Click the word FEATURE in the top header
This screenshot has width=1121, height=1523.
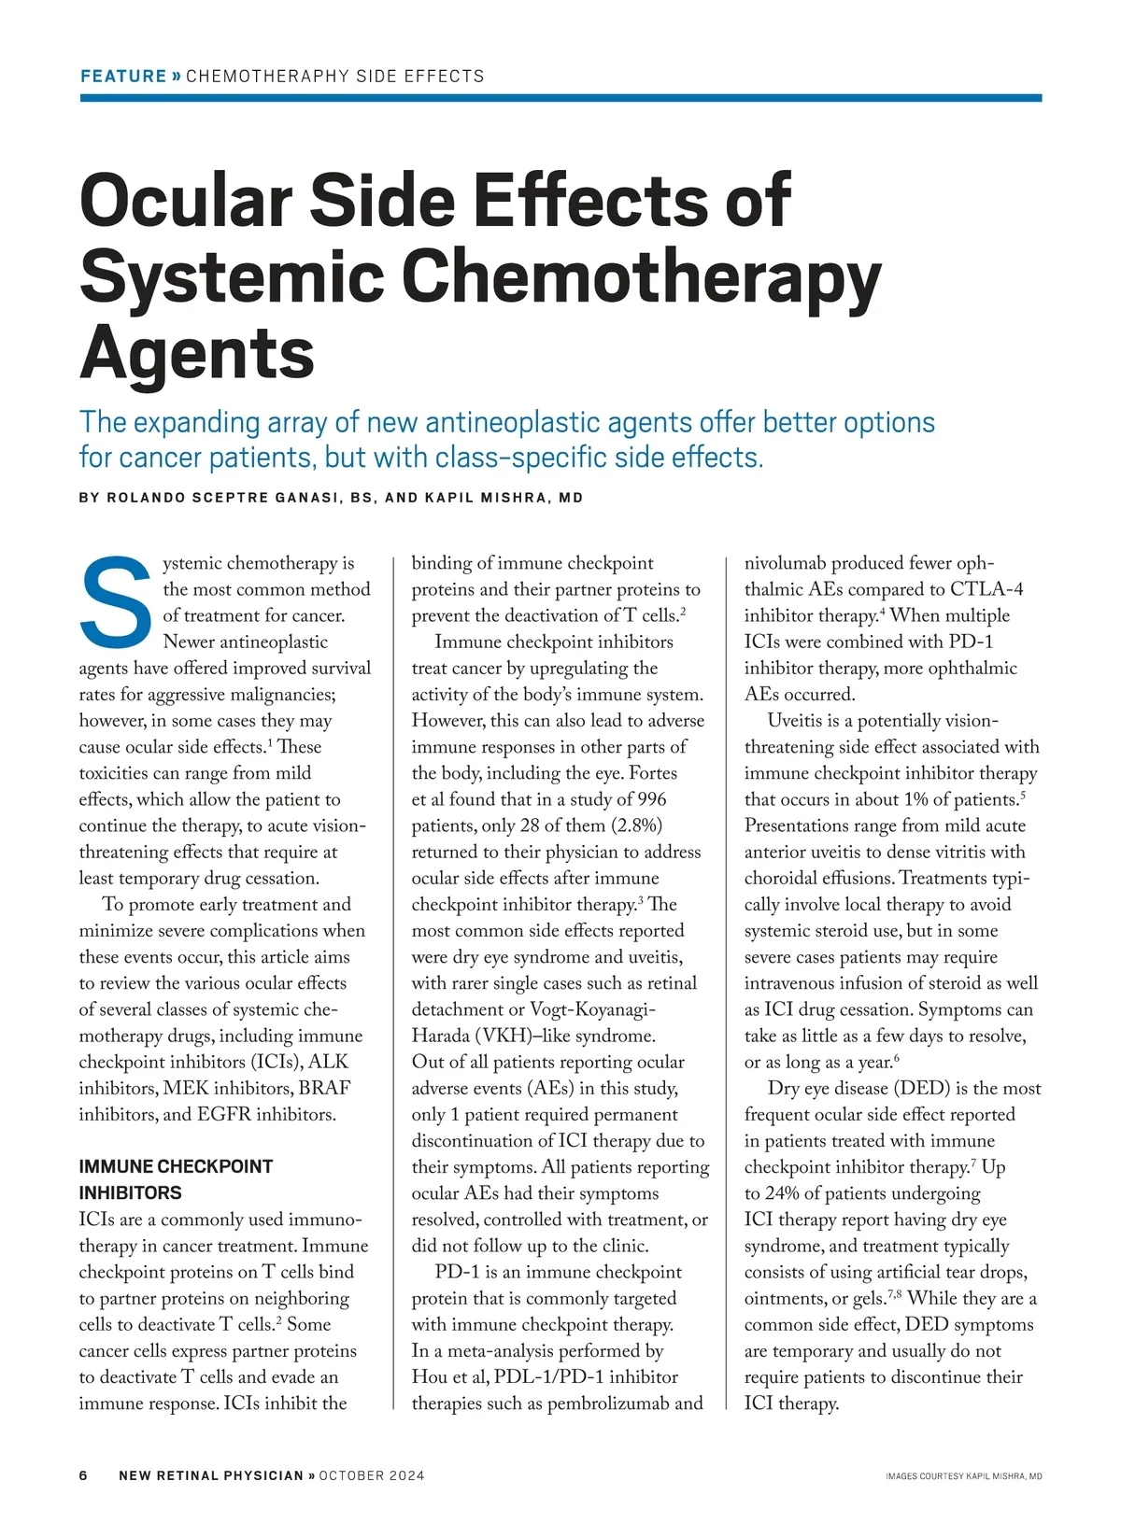pyautogui.click(x=123, y=76)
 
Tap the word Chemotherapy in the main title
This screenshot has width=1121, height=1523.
pyautogui.click(x=641, y=277)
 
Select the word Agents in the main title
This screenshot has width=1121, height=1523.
pyautogui.click(x=197, y=353)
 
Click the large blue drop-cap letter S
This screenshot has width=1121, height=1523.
pyautogui.click(x=117, y=602)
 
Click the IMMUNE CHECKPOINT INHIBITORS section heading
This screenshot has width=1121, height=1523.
pyautogui.click(x=176, y=1179)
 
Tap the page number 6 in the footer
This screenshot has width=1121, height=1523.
pyautogui.click(x=83, y=1475)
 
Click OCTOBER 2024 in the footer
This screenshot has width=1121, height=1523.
pyautogui.click(x=372, y=1475)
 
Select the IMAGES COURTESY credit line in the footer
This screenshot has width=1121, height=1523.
pyautogui.click(x=963, y=1476)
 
